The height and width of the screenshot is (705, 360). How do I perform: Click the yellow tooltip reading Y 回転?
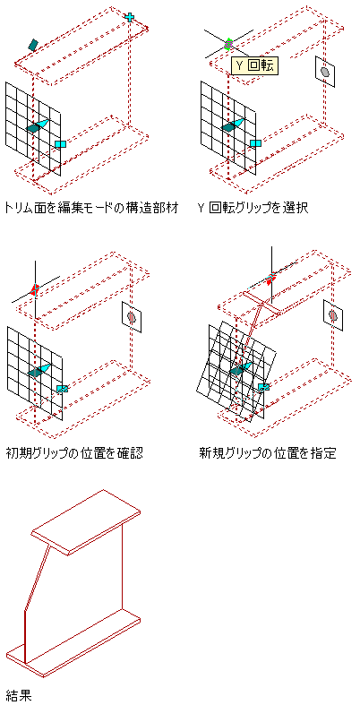pyautogui.click(x=255, y=66)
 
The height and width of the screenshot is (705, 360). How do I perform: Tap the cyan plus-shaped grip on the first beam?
pyautogui.click(x=130, y=18)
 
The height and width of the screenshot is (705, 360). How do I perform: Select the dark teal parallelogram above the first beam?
pyautogui.click(x=32, y=44)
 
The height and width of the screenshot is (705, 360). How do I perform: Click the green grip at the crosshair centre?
pyautogui.click(x=228, y=44)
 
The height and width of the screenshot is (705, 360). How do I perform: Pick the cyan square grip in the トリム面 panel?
pyautogui.click(x=60, y=144)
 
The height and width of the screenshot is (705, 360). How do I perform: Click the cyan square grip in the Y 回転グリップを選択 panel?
pyautogui.click(x=255, y=143)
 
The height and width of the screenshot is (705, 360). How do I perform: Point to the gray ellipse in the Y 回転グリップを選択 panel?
pyautogui.click(x=325, y=71)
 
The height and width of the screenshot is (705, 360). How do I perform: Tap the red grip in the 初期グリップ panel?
pyautogui.click(x=35, y=289)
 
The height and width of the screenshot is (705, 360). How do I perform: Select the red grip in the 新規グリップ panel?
pyautogui.click(x=270, y=279)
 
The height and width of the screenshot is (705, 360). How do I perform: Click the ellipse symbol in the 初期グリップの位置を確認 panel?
pyautogui.click(x=132, y=317)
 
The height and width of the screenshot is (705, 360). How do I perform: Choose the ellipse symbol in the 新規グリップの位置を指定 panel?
pyautogui.click(x=333, y=315)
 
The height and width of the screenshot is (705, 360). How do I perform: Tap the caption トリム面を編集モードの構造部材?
pyautogui.click(x=91, y=208)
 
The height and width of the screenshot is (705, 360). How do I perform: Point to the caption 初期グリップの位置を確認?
pyautogui.click(x=74, y=452)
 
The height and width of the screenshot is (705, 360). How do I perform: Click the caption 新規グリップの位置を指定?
pyautogui.click(x=268, y=452)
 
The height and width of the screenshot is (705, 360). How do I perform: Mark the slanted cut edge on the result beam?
pyautogui.click(x=36, y=577)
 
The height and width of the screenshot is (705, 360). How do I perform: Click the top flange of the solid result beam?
pyautogui.click(x=85, y=522)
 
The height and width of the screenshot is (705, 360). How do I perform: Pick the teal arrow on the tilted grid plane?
pyautogui.click(x=242, y=367)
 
